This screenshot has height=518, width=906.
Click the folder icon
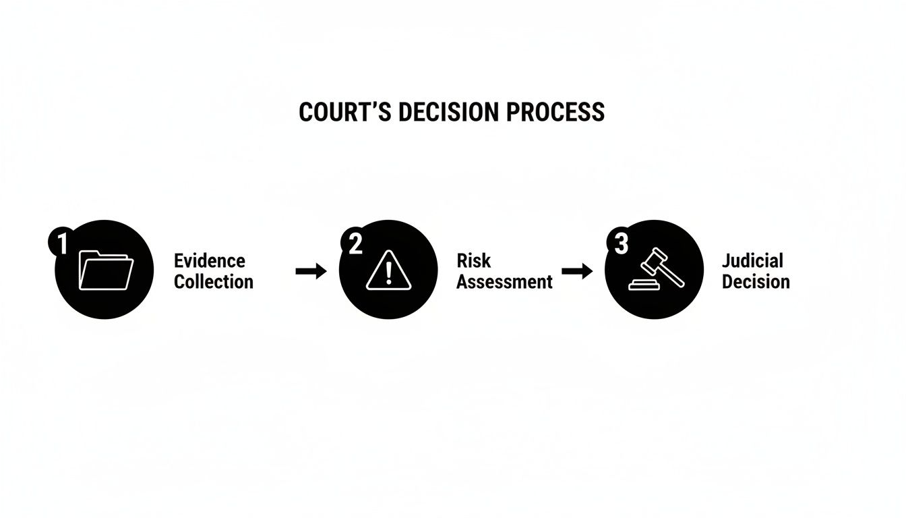click(106, 270)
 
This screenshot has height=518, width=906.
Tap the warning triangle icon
click(388, 270)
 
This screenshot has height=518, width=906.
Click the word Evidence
click(210, 261)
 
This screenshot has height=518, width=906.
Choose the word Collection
click(214, 281)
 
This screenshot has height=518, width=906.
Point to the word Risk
click(473, 260)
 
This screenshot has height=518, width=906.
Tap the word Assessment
click(504, 281)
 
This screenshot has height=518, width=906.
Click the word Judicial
click(752, 260)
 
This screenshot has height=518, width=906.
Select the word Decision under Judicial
click(756, 281)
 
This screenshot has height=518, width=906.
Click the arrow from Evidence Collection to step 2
click(311, 271)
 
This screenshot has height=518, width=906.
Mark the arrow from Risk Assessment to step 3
click(577, 271)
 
